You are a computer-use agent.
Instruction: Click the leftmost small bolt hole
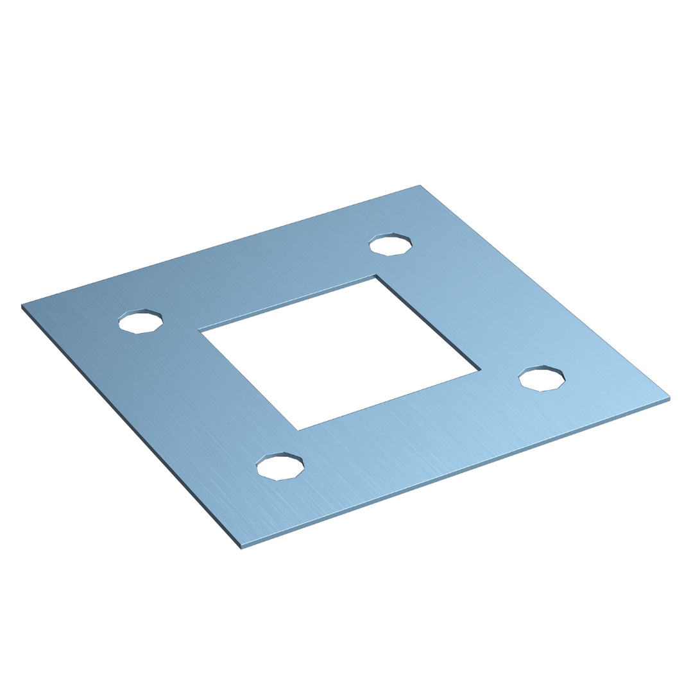point(141,321)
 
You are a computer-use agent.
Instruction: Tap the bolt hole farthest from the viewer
point(390,245)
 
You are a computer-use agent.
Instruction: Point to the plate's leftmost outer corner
point(22,305)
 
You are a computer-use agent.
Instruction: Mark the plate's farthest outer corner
point(420,185)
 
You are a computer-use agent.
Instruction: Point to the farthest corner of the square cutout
point(375,276)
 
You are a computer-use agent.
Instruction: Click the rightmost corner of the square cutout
point(480,370)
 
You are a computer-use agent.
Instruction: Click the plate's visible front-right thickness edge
point(456,474)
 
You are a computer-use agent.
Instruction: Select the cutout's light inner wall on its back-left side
point(289,304)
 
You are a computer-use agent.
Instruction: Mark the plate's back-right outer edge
point(545,291)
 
